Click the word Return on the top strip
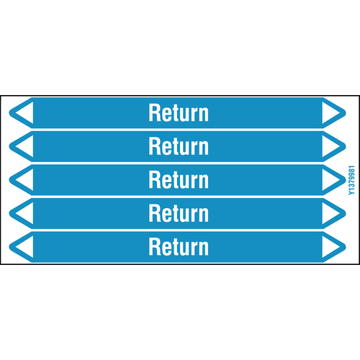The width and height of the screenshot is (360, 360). coord(179,112)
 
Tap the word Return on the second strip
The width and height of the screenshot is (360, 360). coord(179,146)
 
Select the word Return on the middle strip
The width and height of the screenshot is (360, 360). coord(179,180)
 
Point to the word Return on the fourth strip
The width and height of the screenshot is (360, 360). coord(179,213)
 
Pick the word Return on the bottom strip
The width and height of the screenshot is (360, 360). coord(179,247)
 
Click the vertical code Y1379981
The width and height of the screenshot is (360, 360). coord(351,180)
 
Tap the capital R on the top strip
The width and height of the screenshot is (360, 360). coord(154,112)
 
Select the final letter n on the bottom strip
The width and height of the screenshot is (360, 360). coord(204,249)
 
